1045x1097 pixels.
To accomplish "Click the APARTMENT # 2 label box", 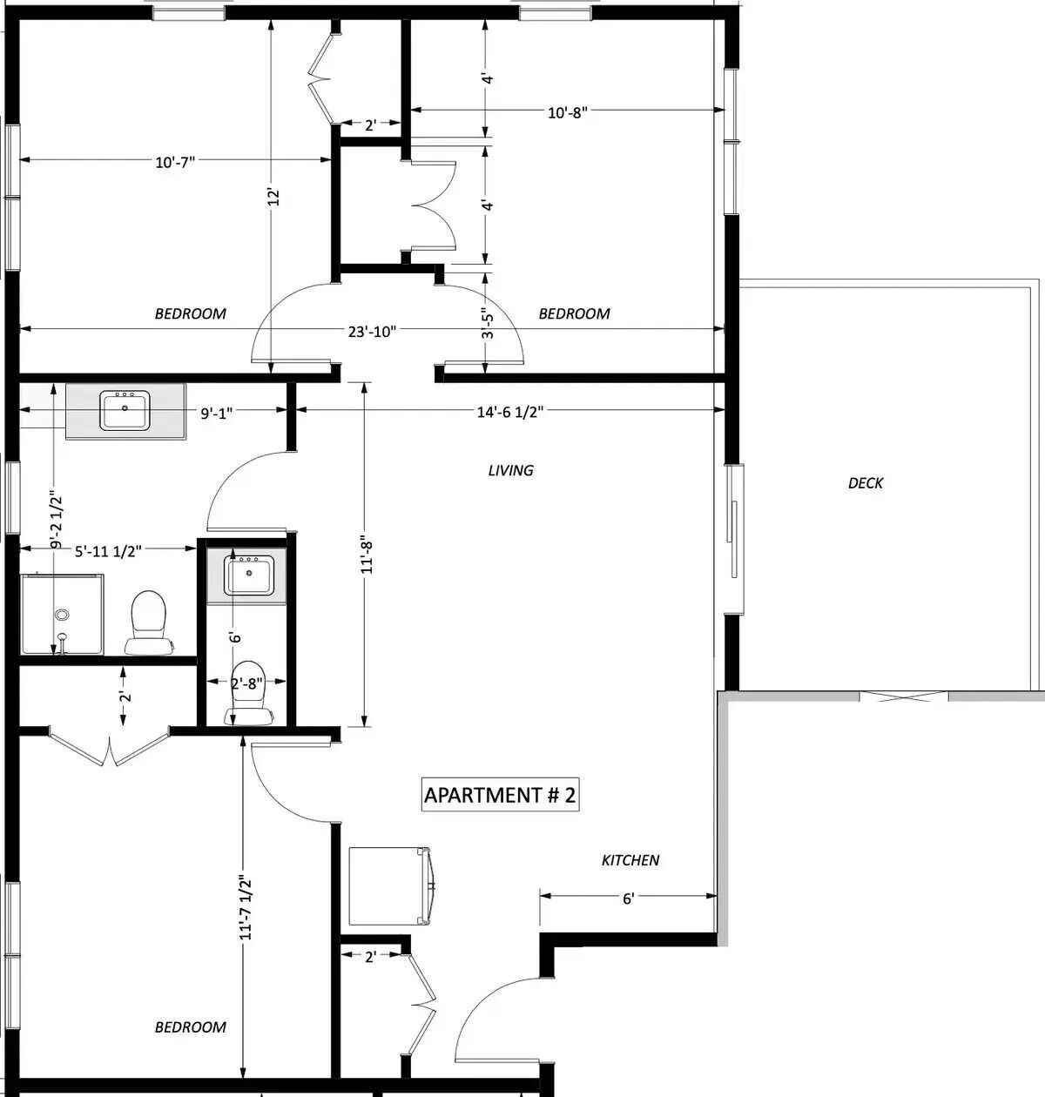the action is [500, 795].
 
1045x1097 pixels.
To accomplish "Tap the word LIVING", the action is [511, 471].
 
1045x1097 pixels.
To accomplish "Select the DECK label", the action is [866, 483].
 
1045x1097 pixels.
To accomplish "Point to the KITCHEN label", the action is [630, 860].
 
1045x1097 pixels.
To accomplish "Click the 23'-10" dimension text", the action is [373, 332].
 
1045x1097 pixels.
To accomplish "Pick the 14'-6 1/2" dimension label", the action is [510, 412].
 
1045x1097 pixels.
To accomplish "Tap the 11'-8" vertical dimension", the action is [367, 557].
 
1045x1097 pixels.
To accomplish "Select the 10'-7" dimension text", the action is [175, 163].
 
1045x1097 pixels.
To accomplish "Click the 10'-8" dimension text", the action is [568, 112].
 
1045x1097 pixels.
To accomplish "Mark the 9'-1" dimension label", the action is [217, 414].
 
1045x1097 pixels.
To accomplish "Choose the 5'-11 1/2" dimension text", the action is [108, 552].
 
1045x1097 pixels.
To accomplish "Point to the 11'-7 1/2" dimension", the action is [246, 907].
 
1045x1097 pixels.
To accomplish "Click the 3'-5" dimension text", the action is [488, 324].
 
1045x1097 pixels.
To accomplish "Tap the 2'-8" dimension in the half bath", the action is [246, 683].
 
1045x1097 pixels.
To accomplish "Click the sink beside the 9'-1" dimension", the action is [125, 411].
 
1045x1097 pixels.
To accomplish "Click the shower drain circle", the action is [62, 616].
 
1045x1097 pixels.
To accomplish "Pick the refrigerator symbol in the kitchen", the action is [389, 886].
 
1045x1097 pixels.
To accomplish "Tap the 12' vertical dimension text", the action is [273, 197].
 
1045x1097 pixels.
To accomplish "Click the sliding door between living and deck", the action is [734, 539].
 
